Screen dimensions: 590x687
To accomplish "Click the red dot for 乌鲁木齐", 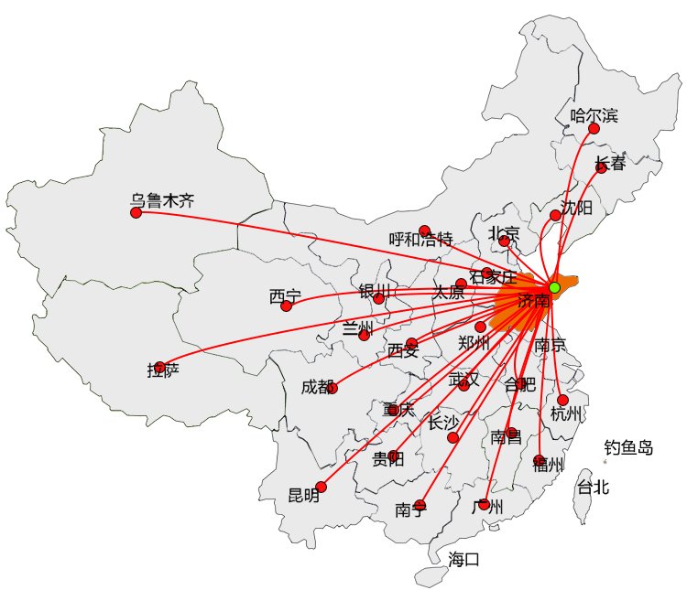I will [136, 212].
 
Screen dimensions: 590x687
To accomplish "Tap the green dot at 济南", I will [554, 287].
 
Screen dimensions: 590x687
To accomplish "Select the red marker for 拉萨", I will [160, 367].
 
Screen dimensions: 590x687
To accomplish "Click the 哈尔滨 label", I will [594, 115].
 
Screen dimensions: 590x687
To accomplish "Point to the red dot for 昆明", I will [321, 487].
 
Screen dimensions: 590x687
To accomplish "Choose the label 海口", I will [463, 559].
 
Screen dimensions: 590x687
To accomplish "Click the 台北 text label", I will [592, 487].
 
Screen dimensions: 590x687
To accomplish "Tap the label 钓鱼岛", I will [628, 448].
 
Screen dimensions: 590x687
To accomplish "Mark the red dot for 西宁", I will [286, 306].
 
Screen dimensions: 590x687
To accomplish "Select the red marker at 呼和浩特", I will [424, 231].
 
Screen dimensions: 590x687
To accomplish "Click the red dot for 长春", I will [601, 167].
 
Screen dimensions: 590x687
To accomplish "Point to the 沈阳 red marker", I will [555, 215].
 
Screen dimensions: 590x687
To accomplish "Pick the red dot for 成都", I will [332, 388].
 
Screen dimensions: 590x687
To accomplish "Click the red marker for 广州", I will [484, 504].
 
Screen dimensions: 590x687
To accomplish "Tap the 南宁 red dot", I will [420, 505].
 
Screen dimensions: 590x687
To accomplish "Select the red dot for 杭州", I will [562, 400].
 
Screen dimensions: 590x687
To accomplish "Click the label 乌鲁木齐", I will [162, 200].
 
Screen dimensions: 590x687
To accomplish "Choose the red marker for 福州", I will [539, 460].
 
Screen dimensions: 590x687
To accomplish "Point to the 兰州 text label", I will [358, 327].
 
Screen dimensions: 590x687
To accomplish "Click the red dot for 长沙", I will [453, 437].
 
